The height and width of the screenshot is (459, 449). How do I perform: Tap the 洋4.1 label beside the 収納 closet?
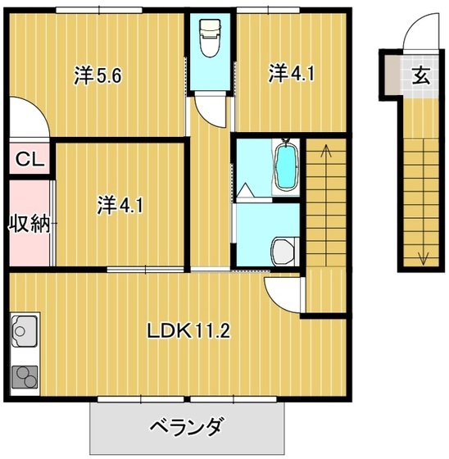coord(120,204)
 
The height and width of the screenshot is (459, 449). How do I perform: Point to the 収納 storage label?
coord(29,223)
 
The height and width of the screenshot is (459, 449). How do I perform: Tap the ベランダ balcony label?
coord(186,427)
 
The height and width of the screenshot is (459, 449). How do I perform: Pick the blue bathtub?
coord(286,166)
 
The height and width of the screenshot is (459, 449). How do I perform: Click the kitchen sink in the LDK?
coord(23,335)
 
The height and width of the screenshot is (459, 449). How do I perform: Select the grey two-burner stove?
coord(24,375)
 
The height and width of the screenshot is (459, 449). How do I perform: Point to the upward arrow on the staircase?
coord(326,152)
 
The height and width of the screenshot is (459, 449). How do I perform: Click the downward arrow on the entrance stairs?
coord(423,257)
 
